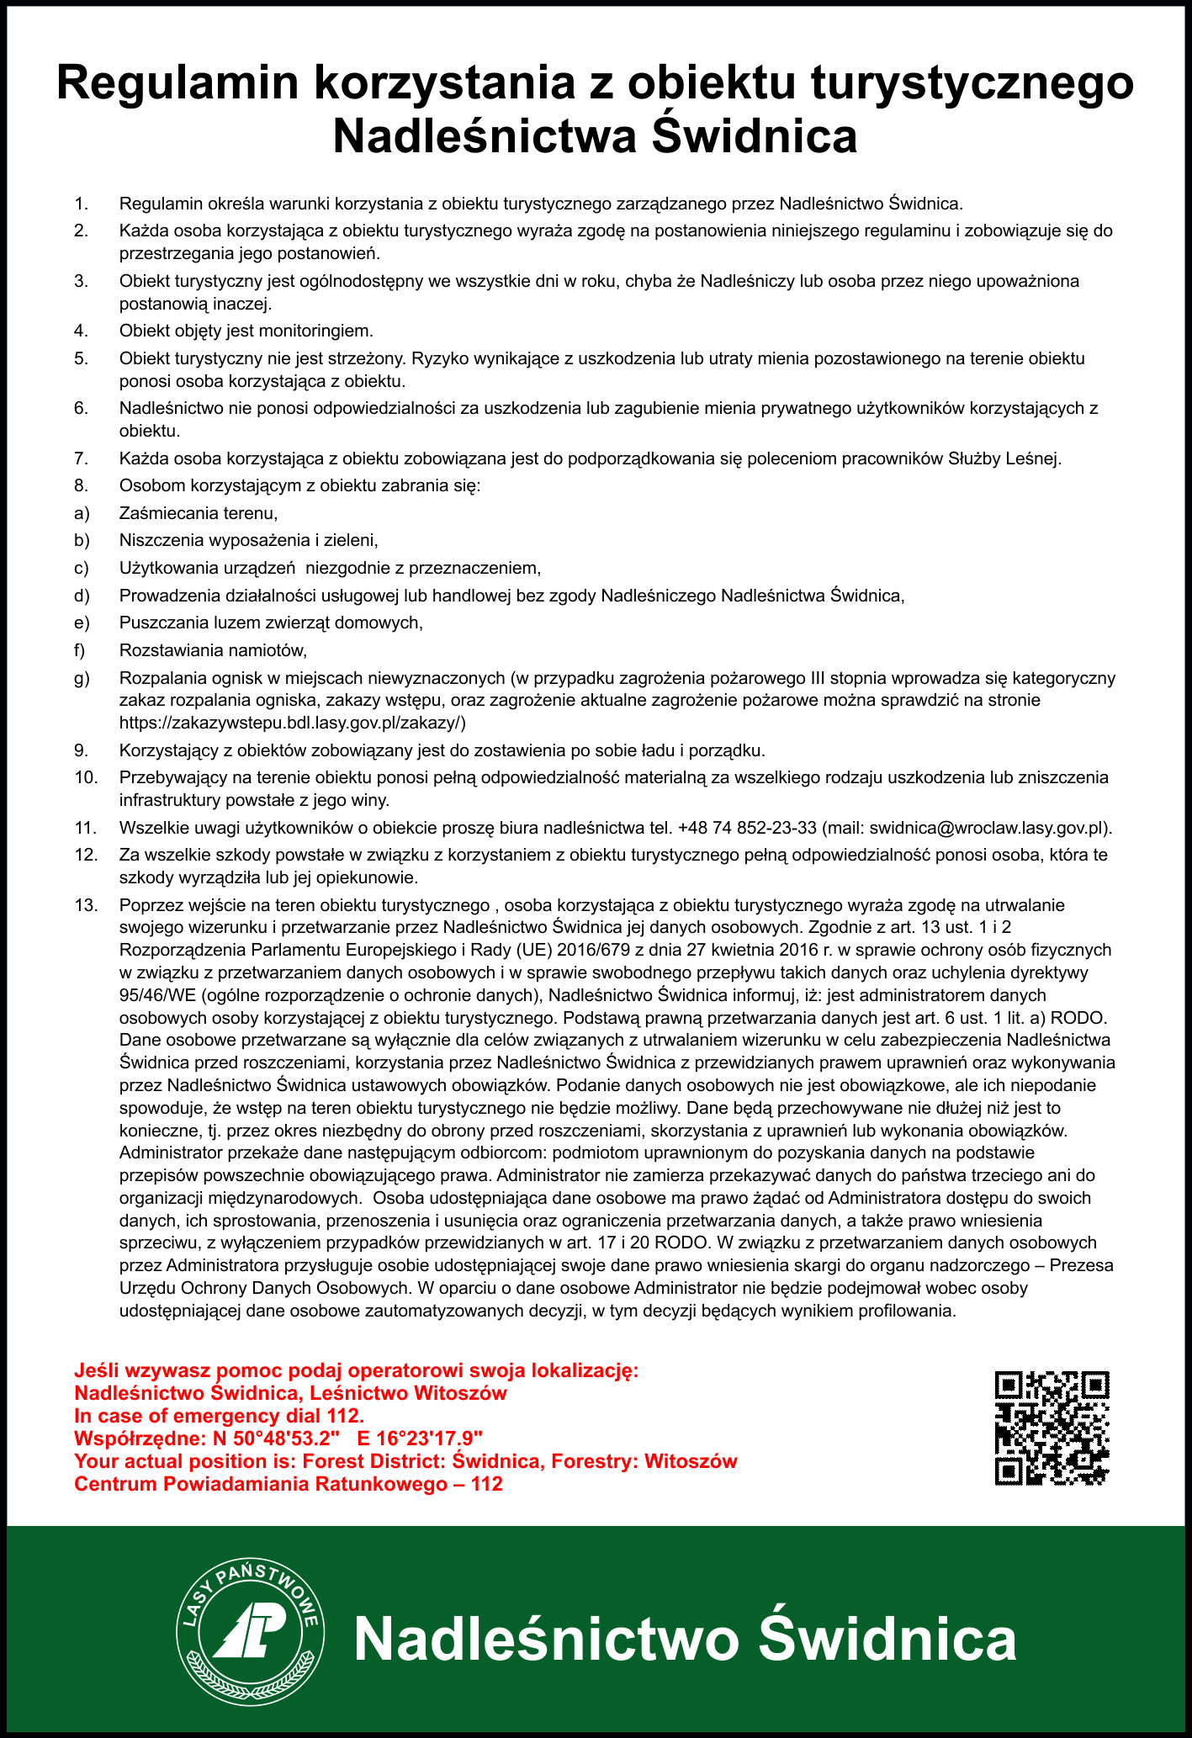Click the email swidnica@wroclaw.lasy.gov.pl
click(x=986, y=828)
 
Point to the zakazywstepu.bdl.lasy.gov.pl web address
click(x=293, y=723)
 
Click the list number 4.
click(x=81, y=331)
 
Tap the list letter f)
click(x=81, y=650)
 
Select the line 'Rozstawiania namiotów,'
click(x=214, y=650)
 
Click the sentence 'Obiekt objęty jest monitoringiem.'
click(x=246, y=331)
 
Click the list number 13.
click(x=86, y=906)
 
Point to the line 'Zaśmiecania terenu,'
click(x=199, y=512)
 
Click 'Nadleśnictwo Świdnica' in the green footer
click(x=685, y=1639)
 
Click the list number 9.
click(x=81, y=750)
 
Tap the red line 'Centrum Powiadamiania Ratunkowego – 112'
click(x=289, y=1483)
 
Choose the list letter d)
click(x=82, y=596)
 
